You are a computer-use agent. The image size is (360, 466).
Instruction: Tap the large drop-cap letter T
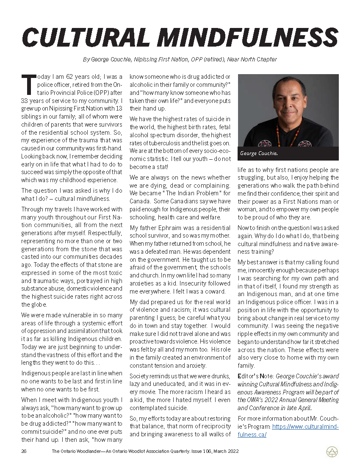(x=29, y=85)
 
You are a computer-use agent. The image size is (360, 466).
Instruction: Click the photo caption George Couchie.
(x=259, y=153)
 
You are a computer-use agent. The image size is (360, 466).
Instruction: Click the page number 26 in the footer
(x=24, y=452)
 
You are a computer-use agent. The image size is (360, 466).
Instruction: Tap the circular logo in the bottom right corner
(x=332, y=452)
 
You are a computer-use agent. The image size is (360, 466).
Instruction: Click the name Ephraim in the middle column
(x=170, y=227)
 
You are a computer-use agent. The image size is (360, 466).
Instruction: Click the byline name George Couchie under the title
(x=111, y=59)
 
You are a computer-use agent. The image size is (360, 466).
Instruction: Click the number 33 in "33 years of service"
(x=25, y=101)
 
